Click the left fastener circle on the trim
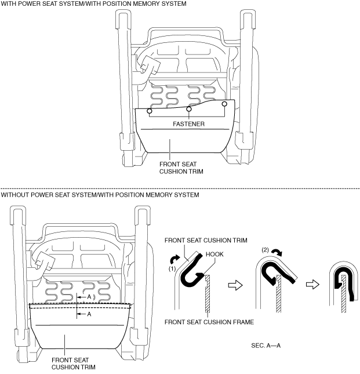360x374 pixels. tap(150, 111)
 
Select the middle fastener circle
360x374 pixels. tap(189, 109)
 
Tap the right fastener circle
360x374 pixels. tap(225, 104)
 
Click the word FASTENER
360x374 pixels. tap(189, 124)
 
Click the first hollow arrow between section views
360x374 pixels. tap(234, 285)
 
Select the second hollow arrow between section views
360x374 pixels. tap(312, 285)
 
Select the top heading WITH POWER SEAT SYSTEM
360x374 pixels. tap(93, 4)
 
